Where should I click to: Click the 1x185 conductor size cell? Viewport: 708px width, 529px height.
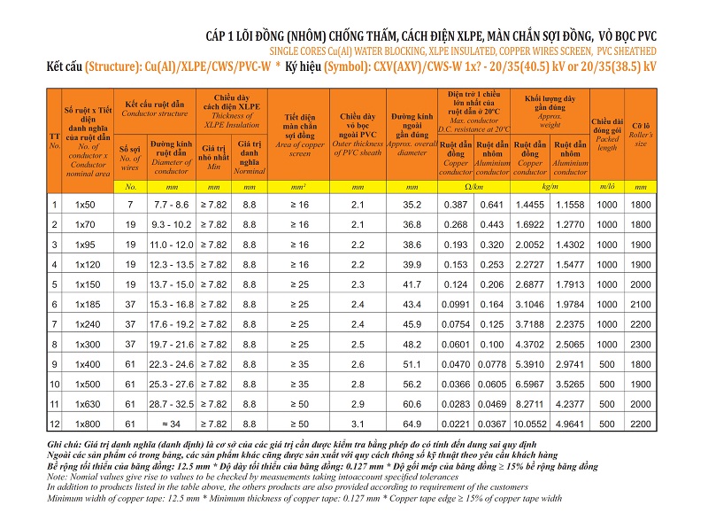[88, 304]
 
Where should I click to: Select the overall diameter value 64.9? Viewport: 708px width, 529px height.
[412, 424]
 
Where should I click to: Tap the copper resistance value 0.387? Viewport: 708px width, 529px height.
[455, 205]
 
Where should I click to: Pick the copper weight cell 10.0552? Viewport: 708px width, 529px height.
[530, 424]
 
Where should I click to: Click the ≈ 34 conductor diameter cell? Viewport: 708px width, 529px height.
[171, 424]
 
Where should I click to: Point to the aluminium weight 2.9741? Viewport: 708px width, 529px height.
[570, 364]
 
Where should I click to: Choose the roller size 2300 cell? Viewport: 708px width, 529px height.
[640, 345]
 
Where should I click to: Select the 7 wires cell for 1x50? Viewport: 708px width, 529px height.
[130, 205]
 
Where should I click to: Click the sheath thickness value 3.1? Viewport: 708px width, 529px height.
[358, 424]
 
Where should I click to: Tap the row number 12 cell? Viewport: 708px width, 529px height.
[55, 424]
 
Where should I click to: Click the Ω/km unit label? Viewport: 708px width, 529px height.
[473, 187]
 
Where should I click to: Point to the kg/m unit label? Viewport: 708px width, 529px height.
[550, 187]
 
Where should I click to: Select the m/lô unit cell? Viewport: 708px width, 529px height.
[607, 187]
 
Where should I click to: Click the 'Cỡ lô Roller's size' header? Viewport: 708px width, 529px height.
[640, 135]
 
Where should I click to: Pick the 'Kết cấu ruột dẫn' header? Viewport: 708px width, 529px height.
[154, 109]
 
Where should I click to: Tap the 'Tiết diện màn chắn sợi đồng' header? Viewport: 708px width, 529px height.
[299, 136]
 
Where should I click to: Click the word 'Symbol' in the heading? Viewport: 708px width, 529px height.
[342, 67]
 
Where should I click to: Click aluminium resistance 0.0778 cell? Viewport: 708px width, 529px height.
[492, 364]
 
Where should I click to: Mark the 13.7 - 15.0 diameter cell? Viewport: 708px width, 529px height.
[171, 284]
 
